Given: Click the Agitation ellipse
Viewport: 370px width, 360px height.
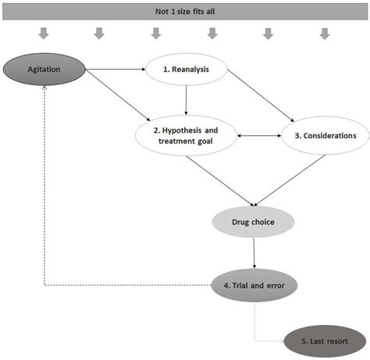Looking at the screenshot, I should tap(45, 70).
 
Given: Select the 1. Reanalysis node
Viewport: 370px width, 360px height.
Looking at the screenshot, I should tap(187, 70).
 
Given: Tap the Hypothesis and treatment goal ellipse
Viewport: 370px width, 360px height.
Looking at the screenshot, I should tap(186, 135).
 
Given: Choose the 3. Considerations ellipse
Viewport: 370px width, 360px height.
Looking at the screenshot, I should tap(325, 135).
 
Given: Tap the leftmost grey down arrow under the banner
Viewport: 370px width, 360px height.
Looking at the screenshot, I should tap(44, 34).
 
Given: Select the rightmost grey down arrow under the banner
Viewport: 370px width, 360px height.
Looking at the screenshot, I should tap(324, 34).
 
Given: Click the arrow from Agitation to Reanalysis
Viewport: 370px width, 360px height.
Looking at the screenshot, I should tap(117, 70).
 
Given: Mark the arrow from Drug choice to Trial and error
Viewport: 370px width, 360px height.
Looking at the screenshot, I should tap(254, 254).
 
